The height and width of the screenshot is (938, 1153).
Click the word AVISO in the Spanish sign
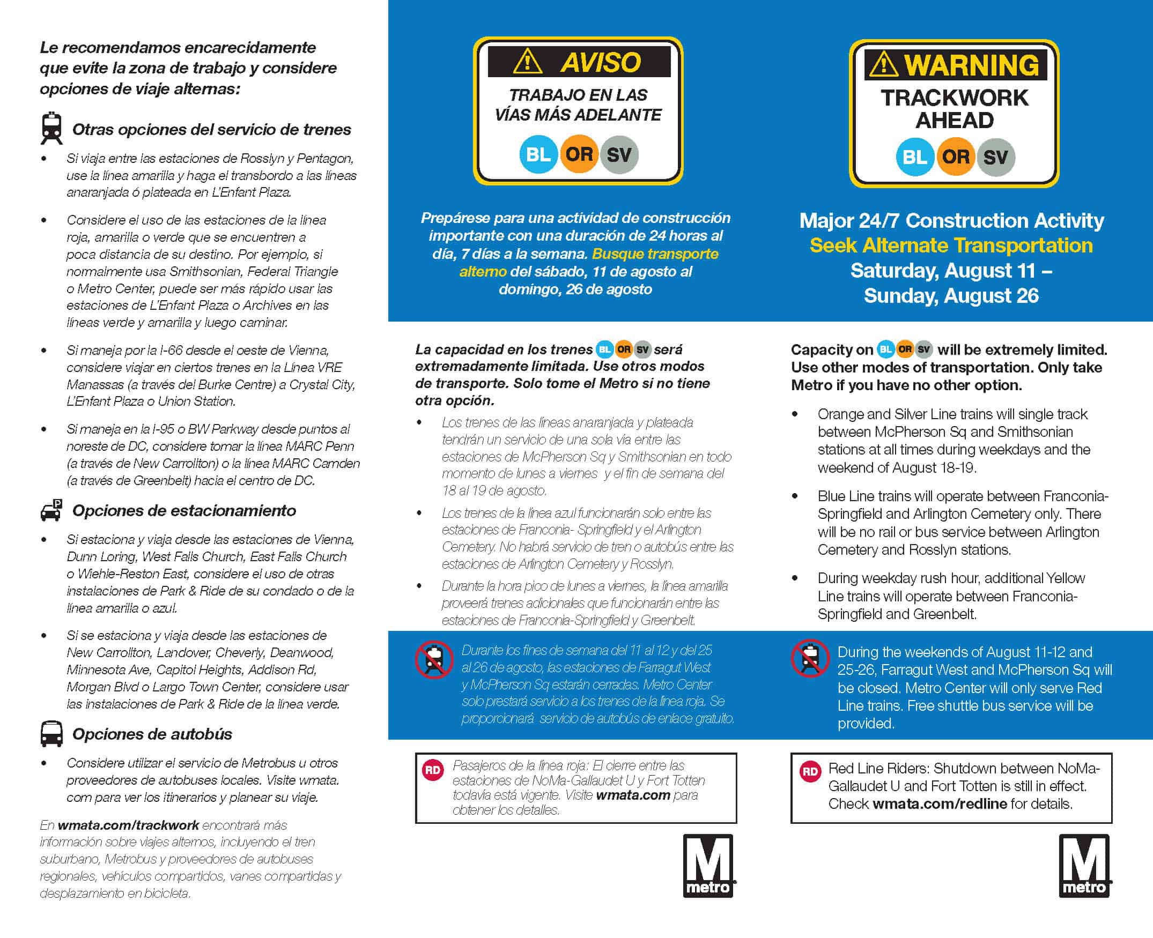pos(600,62)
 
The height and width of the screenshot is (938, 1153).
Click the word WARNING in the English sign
pos(971,65)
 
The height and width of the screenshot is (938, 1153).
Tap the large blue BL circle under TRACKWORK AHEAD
pos(914,157)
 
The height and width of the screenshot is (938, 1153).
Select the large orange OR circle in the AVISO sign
pos(579,154)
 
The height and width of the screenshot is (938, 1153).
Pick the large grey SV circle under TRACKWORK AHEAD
pos(995,157)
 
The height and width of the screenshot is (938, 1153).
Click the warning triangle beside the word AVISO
pos(527,61)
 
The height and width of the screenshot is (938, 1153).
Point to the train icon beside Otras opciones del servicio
pos(52,129)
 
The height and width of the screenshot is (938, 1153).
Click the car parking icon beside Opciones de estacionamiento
pos(52,510)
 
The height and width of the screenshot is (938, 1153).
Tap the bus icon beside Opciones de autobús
pos(52,734)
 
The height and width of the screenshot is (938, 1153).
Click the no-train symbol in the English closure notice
pos(810,658)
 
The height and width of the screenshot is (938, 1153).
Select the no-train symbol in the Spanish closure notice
pos(434,659)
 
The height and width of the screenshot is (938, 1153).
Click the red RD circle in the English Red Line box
pos(810,771)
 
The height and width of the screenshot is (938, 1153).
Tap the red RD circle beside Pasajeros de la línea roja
pos(433,769)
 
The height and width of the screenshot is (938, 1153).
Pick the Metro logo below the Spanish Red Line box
pos(708,866)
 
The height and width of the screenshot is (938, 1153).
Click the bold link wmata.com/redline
pos(940,803)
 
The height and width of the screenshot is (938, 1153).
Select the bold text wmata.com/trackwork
pos(129,824)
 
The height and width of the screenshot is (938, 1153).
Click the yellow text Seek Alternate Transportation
pos(951,245)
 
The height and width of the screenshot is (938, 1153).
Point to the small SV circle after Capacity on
pos(924,349)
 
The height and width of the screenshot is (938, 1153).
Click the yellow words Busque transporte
pos(655,254)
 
